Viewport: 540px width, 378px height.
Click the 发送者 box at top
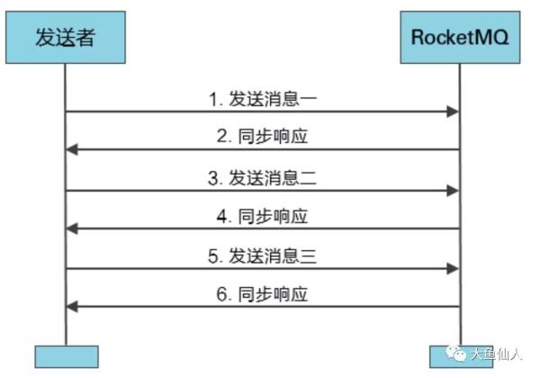tap(66, 38)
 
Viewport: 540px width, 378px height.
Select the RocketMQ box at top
tap(460, 38)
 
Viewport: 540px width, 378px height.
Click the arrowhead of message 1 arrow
tap(455, 112)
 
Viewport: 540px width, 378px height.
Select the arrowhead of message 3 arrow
tap(455, 190)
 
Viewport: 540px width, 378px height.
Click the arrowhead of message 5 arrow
tap(455, 268)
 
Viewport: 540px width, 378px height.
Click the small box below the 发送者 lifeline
tap(66, 356)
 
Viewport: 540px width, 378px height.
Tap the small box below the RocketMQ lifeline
tap(447, 356)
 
